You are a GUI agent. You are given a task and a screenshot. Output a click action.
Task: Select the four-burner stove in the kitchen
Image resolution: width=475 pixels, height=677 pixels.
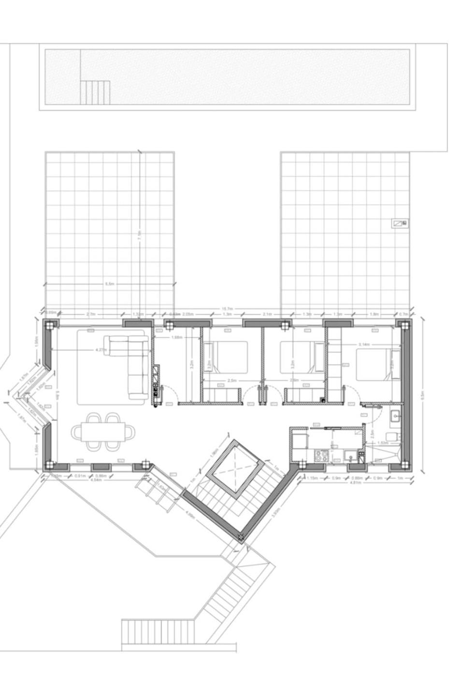(321, 455)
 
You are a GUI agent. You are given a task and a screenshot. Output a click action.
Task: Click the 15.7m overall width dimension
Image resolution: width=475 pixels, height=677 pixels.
(227, 309)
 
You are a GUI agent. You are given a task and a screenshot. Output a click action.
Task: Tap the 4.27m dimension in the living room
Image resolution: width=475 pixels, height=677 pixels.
(101, 350)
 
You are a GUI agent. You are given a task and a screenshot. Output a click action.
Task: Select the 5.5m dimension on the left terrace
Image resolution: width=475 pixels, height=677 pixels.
(110, 284)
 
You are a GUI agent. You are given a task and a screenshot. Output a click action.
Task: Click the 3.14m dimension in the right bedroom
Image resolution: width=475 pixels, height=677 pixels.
(364, 344)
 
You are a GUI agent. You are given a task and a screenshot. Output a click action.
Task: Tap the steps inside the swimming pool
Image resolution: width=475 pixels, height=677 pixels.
(95, 92)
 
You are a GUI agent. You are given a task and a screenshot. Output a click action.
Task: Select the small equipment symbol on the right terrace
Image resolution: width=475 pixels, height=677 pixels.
(399, 223)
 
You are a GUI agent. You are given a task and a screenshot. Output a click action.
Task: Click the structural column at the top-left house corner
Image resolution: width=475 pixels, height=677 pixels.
(49, 325)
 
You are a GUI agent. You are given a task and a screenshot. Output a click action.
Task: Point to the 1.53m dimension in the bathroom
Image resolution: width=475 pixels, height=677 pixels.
(381, 442)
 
